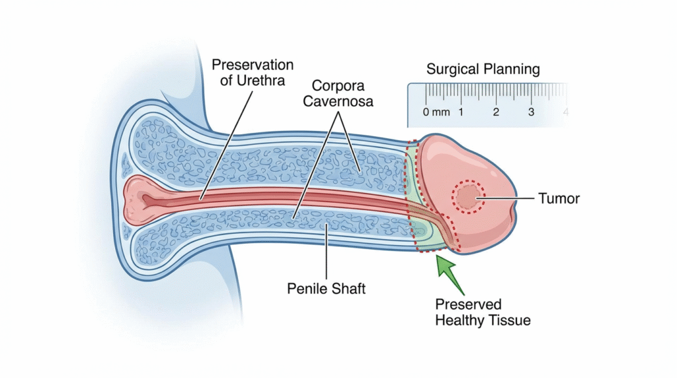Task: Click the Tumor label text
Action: pos(559,198)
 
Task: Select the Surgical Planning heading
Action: pos(483,69)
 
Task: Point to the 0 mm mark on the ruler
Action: pos(436,112)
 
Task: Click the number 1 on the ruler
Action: pos(461,112)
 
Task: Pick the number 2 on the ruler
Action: pos(496,112)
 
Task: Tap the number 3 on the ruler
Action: pos(531,112)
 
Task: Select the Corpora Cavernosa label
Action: pos(343,93)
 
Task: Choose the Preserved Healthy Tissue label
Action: pos(483,312)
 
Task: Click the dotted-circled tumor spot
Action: pos(467,197)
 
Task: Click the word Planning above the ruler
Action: pos(512,69)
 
